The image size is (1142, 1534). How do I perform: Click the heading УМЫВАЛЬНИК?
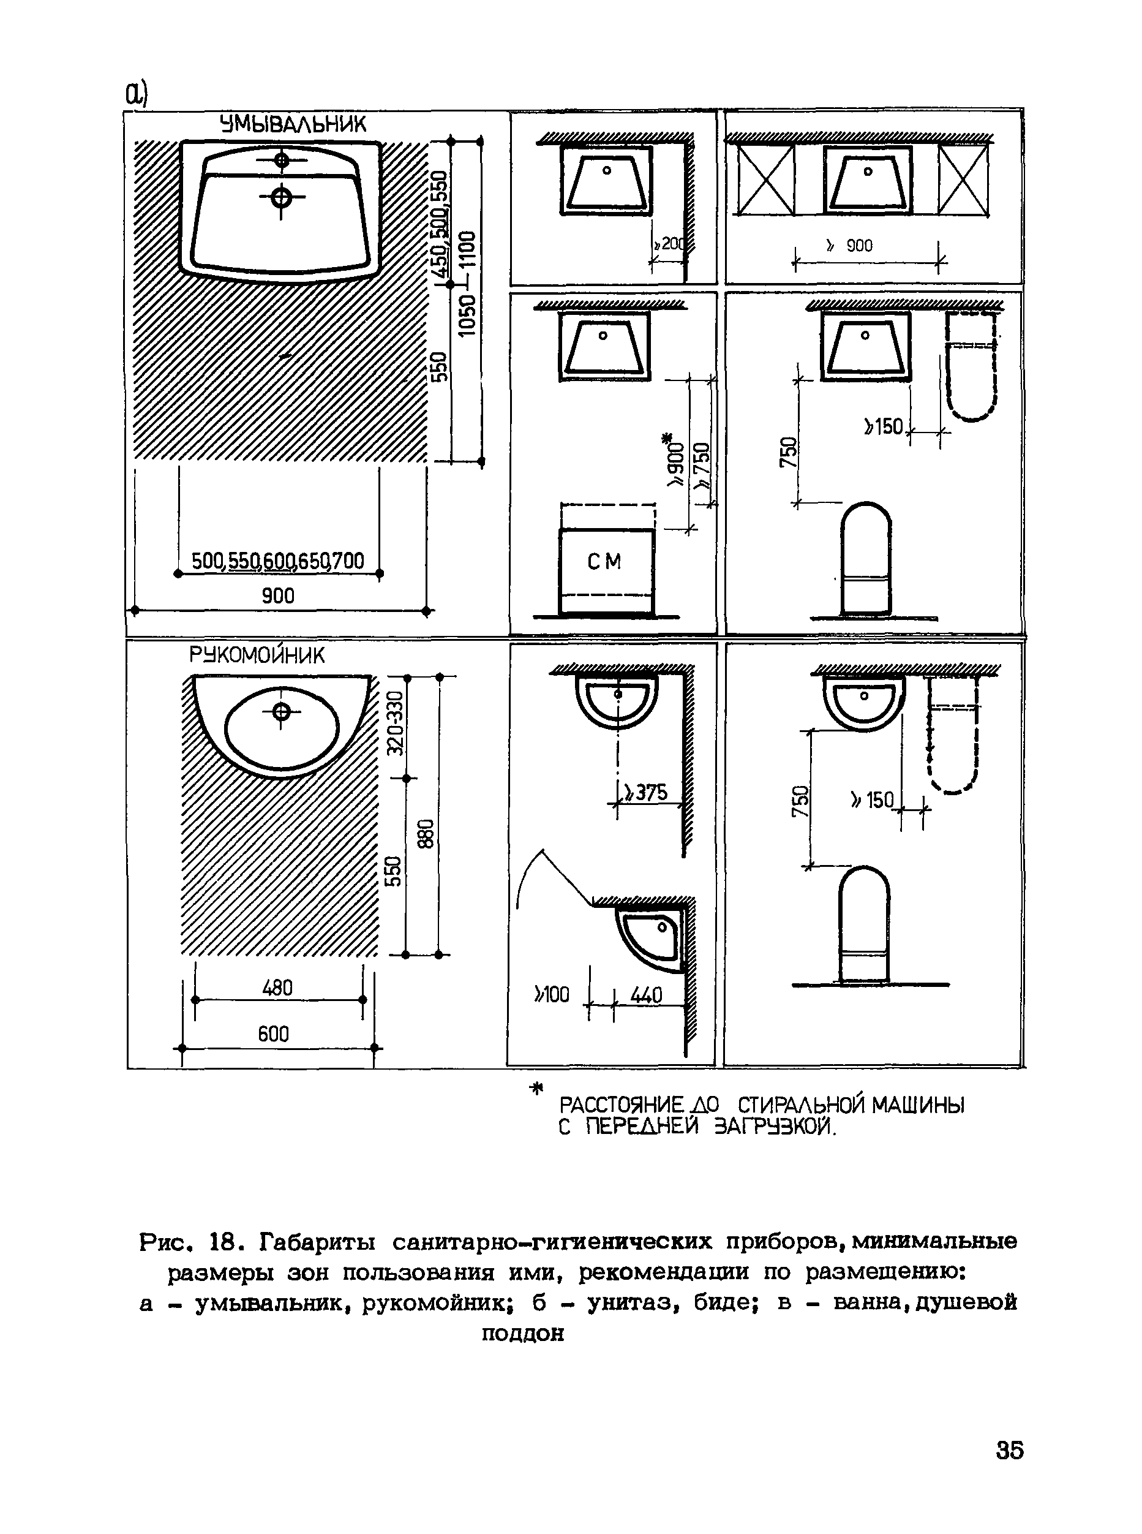pyautogui.click(x=293, y=124)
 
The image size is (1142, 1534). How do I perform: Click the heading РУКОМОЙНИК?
pyautogui.click(x=257, y=655)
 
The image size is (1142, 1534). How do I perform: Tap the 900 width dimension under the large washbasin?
pyautogui.click(x=278, y=595)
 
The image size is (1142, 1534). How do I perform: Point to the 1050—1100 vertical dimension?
pyautogui.click(x=468, y=284)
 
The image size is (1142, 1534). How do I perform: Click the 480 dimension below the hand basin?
pyautogui.click(x=277, y=988)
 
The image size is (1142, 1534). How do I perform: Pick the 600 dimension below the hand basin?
pyautogui.click(x=273, y=1034)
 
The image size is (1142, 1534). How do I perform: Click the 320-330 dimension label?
pyautogui.click(x=395, y=724)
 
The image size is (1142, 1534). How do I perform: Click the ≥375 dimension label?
pyautogui.click(x=645, y=793)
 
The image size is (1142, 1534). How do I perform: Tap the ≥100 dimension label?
pyautogui.click(x=552, y=994)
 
